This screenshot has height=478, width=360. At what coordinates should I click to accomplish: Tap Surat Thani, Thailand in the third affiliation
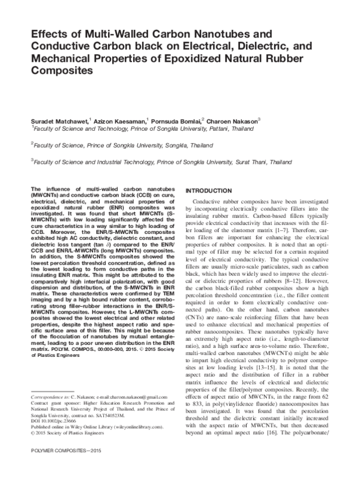point(263,161)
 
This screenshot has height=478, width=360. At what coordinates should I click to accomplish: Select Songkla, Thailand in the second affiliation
point(181,145)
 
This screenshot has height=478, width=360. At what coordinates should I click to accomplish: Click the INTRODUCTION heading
point(215,190)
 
